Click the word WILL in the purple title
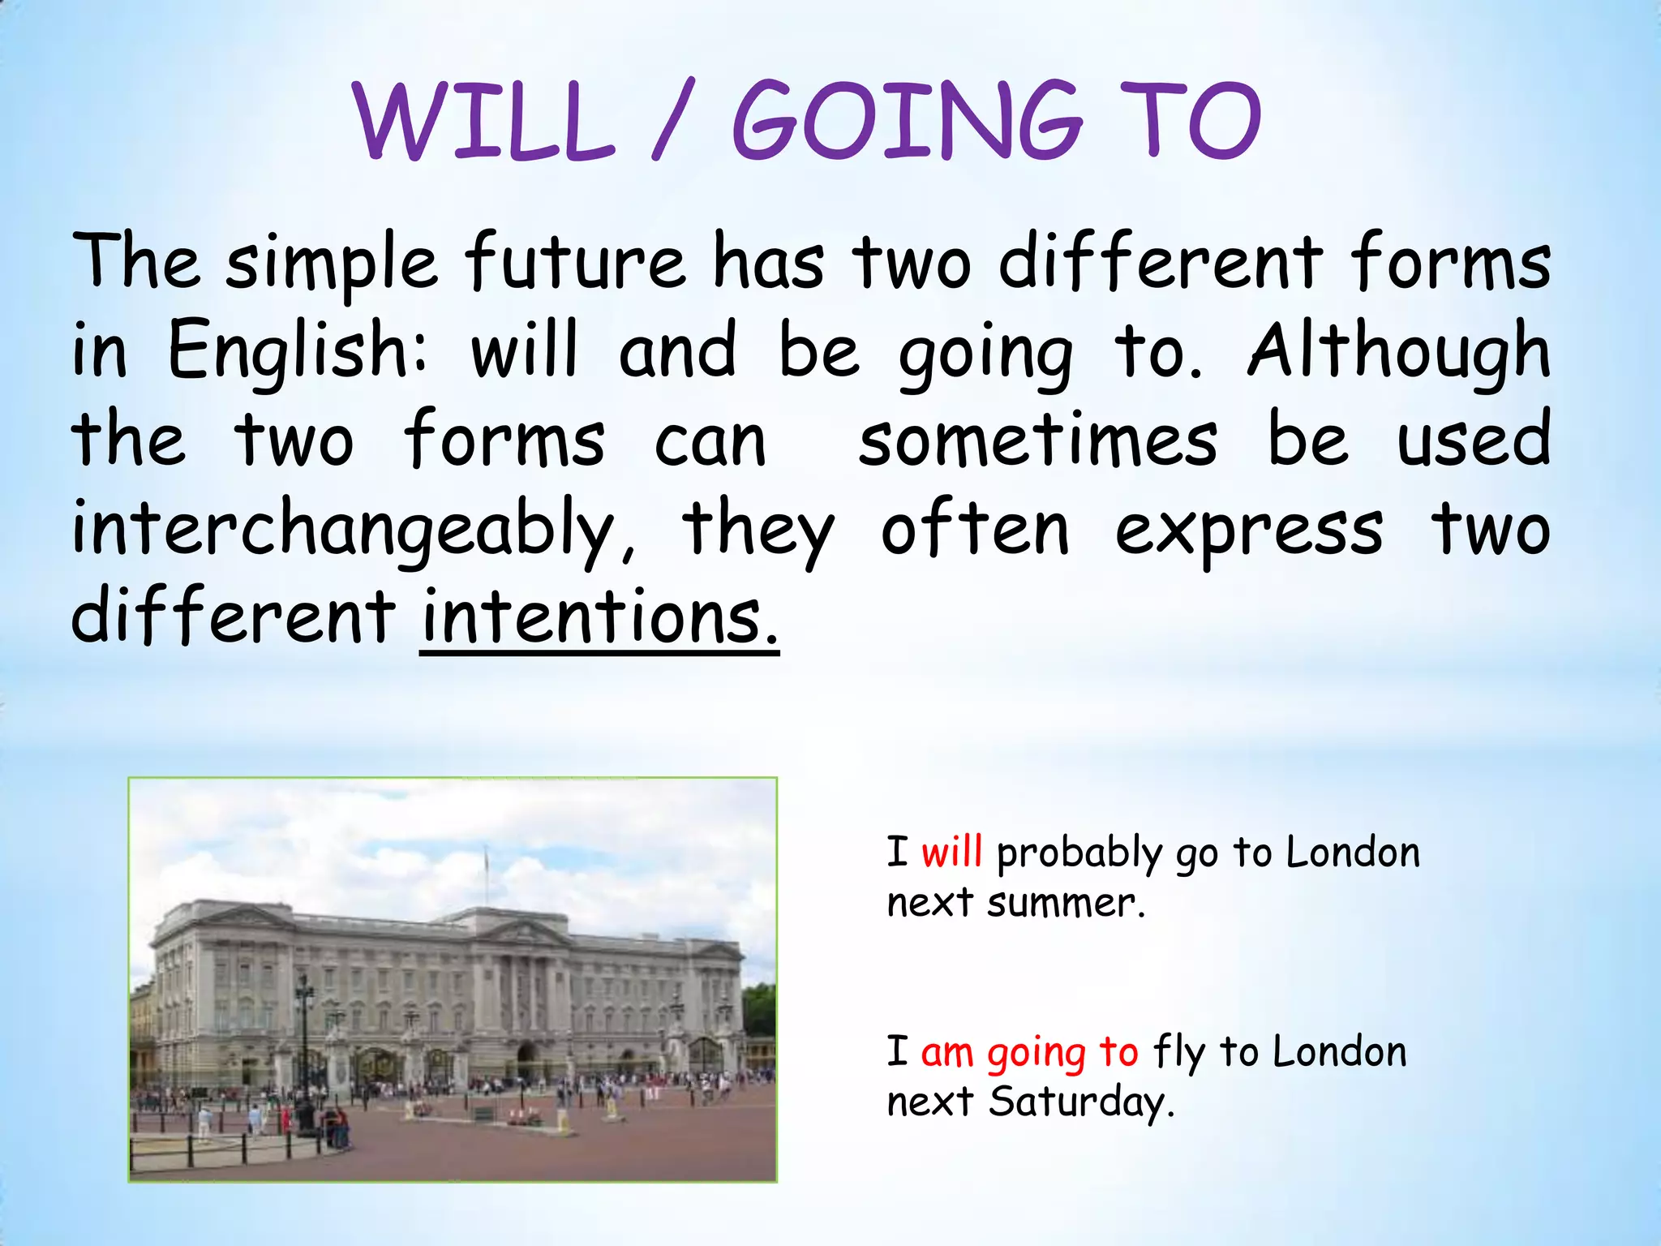484,122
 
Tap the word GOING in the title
907,122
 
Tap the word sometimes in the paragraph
1038,441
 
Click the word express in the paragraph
1249,531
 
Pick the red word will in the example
951,853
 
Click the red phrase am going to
1029,1052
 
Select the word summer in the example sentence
1065,903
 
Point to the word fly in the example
1179,1052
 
